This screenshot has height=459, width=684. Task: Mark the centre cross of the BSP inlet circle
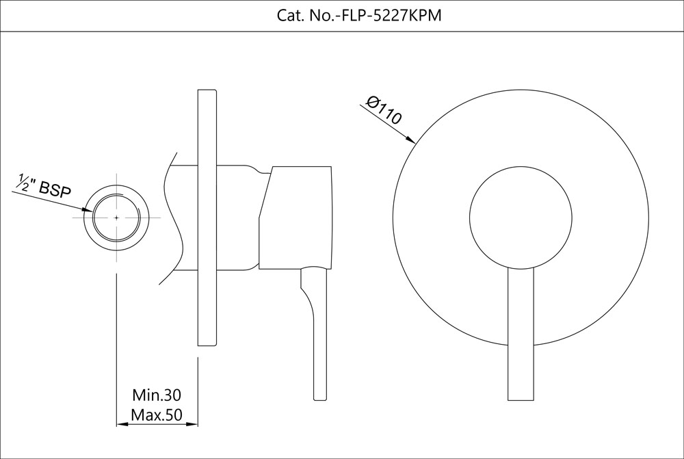[x=116, y=218]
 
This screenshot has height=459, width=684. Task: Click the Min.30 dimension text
[x=157, y=395]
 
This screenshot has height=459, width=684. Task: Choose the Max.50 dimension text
[x=157, y=415]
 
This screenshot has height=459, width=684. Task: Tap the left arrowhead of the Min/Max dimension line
[x=122, y=423]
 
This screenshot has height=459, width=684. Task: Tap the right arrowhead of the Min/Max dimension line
[x=192, y=423]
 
